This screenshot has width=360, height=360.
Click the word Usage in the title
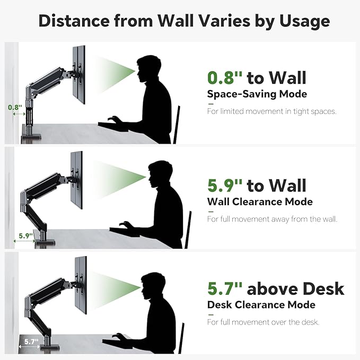(x=304, y=21)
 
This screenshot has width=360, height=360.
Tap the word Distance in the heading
(x=74, y=21)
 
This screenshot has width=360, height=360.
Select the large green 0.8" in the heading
(x=225, y=77)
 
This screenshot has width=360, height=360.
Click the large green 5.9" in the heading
(x=225, y=185)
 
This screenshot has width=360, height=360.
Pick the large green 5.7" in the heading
(x=225, y=288)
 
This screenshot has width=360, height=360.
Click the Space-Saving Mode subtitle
(x=257, y=94)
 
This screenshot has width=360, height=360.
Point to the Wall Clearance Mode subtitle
(x=260, y=201)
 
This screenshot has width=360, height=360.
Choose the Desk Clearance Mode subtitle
(x=261, y=305)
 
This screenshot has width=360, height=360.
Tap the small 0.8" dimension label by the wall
(x=15, y=107)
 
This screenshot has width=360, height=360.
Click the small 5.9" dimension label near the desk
(x=25, y=235)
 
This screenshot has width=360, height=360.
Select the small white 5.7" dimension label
(x=31, y=341)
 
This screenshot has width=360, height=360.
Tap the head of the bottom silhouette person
(x=153, y=286)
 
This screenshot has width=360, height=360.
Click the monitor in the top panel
(x=79, y=75)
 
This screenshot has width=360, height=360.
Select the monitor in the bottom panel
(x=81, y=285)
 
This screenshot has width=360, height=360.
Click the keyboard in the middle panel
(x=125, y=231)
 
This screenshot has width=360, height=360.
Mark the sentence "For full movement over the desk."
(x=263, y=322)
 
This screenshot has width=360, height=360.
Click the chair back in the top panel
(x=177, y=125)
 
